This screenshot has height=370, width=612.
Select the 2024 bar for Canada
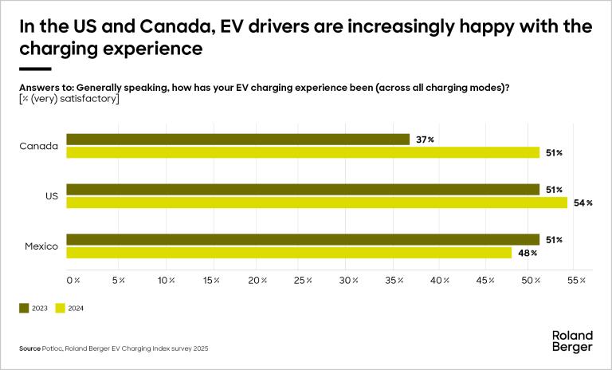click(303, 152)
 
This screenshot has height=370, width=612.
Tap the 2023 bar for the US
click(303, 190)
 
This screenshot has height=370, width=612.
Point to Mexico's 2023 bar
click(303, 239)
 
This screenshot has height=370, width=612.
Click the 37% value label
click(426, 140)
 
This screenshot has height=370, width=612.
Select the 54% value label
click(583, 203)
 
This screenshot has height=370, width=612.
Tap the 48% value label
click(528, 253)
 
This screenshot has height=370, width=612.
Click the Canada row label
click(41, 146)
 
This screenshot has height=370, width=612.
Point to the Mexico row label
click(41, 246)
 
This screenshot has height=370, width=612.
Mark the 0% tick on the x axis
click(73, 281)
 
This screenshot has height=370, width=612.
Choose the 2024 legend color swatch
click(60, 308)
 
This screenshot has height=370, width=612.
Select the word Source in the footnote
click(29, 348)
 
